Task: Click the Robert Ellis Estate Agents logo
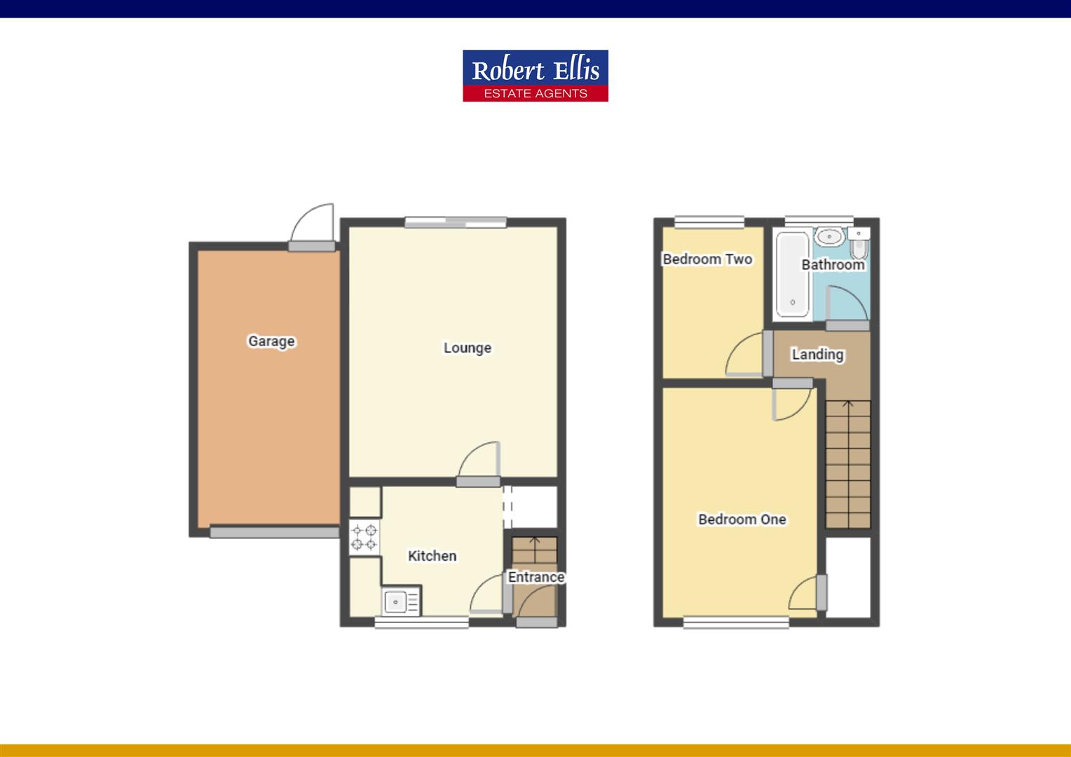(x=535, y=76)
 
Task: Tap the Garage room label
(x=271, y=341)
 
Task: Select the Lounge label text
(x=467, y=348)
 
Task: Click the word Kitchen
(x=432, y=556)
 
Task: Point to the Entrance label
(x=536, y=577)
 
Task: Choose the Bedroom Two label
(x=707, y=259)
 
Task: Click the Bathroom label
(x=833, y=264)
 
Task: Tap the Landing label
(x=817, y=354)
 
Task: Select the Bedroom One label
(x=742, y=519)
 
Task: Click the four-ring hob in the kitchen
(x=364, y=537)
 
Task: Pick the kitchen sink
(x=401, y=601)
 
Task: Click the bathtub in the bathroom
(x=793, y=275)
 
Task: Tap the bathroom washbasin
(x=830, y=236)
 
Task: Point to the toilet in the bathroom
(x=859, y=246)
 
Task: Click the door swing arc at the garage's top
(x=313, y=224)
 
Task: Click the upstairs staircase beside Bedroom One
(x=847, y=463)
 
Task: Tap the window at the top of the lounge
(x=455, y=223)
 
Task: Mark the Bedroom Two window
(x=709, y=222)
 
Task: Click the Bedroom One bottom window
(x=735, y=622)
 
